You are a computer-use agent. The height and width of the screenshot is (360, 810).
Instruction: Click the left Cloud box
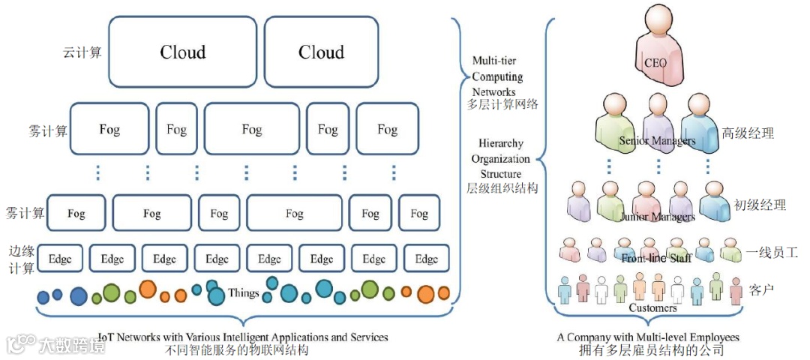coord(183,52)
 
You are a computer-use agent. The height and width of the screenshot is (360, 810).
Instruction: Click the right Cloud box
coord(321,52)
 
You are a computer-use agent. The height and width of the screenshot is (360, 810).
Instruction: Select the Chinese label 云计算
coord(82,53)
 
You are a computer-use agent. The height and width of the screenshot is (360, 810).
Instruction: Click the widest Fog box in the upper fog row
coord(251,130)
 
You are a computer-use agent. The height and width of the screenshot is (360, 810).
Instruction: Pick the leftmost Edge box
coord(59,259)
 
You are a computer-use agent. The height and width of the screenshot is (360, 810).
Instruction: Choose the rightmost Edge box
coord(427,259)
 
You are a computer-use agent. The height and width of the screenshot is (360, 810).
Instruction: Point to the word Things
coord(244,293)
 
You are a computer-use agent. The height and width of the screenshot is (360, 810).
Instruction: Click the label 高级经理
coord(748,133)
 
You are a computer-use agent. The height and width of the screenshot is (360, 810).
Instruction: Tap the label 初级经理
coord(760,205)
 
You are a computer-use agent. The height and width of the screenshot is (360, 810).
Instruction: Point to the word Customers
coord(652,307)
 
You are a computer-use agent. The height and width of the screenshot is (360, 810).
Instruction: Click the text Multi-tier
coord(494,61)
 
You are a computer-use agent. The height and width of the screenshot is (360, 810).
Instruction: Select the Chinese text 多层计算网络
coord(502,105)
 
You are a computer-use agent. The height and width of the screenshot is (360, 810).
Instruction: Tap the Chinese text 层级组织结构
coord(502,188)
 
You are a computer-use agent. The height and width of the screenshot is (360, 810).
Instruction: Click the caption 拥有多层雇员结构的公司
coord(651,350)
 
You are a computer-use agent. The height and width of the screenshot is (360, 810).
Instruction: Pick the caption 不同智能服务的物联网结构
coord(239,350)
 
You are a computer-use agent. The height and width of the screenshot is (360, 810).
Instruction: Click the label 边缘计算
coord(22,259)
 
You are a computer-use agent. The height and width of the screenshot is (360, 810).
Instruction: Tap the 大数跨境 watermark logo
coord(56,344)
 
